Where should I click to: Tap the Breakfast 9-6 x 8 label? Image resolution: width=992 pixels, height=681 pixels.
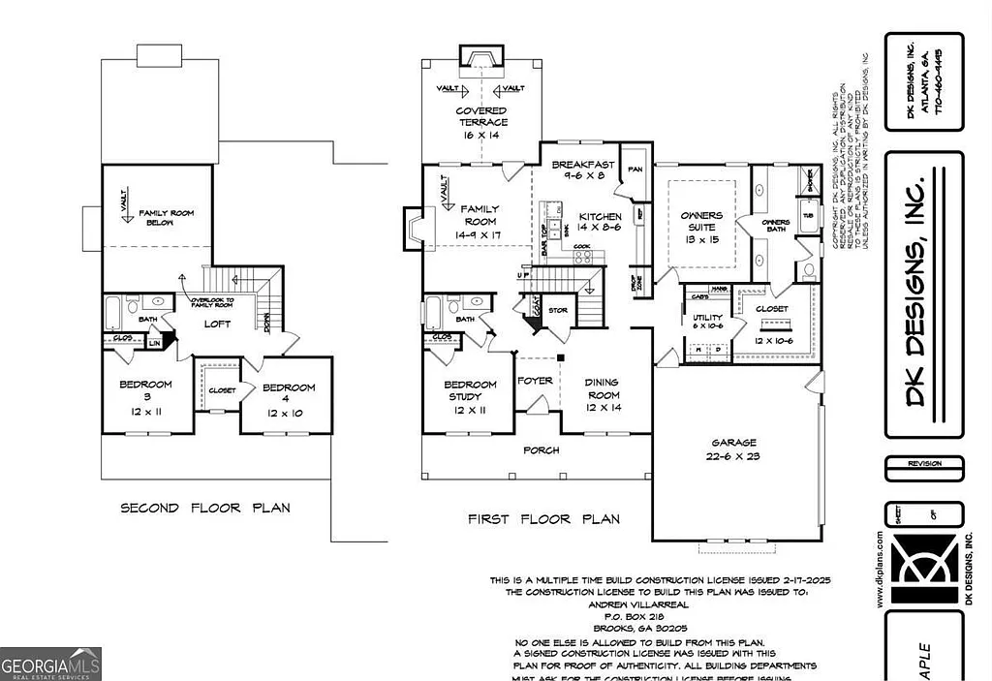583,170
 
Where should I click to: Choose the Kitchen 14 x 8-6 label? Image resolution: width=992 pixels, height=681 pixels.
600,223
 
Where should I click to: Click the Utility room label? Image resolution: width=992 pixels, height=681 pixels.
707,323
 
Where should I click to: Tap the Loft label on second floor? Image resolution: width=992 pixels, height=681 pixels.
217,325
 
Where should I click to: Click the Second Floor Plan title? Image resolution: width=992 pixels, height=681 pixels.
204,508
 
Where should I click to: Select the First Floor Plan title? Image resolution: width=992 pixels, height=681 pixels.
543,519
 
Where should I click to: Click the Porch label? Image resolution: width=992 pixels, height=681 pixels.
541,450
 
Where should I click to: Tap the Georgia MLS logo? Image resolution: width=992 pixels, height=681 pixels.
50,664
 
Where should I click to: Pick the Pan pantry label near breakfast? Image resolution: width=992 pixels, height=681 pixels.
635,169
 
